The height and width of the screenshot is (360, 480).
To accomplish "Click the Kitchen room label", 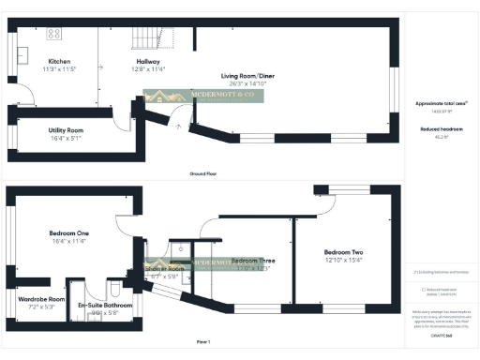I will pyautogui.click(x=58, y=61).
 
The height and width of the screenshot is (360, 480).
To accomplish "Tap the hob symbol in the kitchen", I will pyautogui.click(x=53, y=34).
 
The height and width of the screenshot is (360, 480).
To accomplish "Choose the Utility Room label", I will pyautogui.click(x=66, y=130).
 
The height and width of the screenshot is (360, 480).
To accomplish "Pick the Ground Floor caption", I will pyautogui.click(x=204, y=174).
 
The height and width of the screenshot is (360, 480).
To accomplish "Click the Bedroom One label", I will pyautogui.click(x=69, y=232).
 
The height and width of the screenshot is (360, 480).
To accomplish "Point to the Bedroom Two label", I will pyautogui.click(x=343, y=252).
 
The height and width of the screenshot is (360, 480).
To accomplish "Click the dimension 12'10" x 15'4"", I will pyautogui.click(x=343, y=261).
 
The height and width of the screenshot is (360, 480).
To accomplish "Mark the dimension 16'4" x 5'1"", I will pyautogui.click(x=66, y=139).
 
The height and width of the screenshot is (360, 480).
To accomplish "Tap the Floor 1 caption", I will pyautogui.click(x=203, y=341).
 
